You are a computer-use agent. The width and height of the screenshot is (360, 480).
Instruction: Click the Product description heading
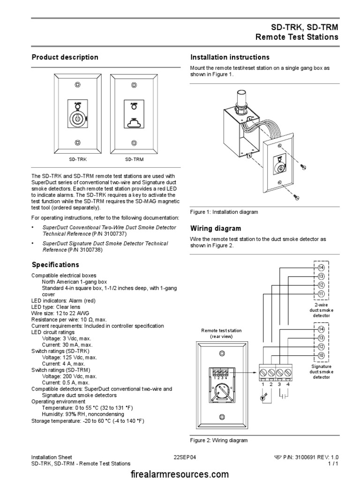click(x=65, y=57)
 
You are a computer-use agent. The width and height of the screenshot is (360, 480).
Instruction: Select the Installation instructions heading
click(x=230, y=57)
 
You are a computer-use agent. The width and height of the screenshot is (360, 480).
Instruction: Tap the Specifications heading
click(x=55, y=265)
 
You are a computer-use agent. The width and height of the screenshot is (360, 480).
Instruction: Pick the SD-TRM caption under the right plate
click(x=134, y=159)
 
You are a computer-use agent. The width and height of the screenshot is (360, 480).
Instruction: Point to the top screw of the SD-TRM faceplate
click(x=134, y=85)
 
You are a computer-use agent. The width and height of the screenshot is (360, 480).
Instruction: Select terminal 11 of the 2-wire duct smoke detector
click(x=321, y=294)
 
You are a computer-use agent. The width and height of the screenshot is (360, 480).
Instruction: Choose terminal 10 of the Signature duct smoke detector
click(x=321, y=355)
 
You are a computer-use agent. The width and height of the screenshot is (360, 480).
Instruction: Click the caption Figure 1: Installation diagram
click(x=224, y=212)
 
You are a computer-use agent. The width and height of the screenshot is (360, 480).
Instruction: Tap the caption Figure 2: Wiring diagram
click(x=219, y=440)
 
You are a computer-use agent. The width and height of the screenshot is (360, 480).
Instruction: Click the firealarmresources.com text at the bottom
click(x=180, y=474)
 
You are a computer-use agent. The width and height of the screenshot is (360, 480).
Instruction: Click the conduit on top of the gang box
click(x=243, y=98)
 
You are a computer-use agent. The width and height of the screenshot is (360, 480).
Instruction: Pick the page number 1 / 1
click(x=333, y=464)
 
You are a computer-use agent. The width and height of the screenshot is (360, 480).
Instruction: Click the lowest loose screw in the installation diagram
click(x=296, y=198)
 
